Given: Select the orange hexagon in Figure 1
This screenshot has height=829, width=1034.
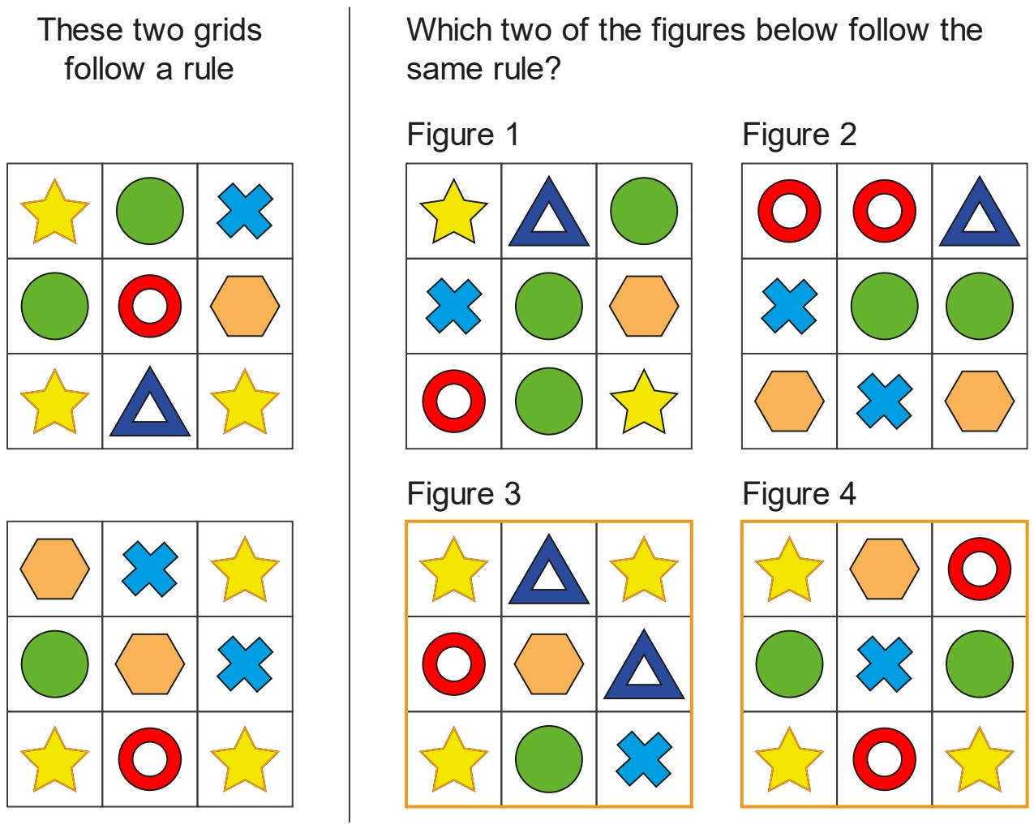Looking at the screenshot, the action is coord(644,306).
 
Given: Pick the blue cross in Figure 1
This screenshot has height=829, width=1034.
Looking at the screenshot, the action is coord(453,306).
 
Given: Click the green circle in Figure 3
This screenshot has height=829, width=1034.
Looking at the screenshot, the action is coord(549,759).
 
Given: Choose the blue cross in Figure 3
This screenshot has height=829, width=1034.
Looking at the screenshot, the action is coord(644,759).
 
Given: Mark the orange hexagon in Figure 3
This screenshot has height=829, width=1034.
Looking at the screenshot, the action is coord(549,664).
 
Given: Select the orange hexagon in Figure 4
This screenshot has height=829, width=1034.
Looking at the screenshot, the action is coord(885,569).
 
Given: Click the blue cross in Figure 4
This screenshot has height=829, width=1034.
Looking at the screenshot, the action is coord(885,664).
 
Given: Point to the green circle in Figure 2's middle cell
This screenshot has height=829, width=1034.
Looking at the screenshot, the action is coord(885,306).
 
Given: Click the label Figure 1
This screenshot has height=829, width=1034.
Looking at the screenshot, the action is coord(463,135).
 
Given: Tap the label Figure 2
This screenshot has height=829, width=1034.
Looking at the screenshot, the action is coord(800,135).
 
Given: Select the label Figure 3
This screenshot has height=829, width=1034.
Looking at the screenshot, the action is coord(464,494).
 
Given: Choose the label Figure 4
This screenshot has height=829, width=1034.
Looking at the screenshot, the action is coord(800,494).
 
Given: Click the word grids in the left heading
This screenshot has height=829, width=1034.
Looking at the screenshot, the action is coord(228,32).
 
